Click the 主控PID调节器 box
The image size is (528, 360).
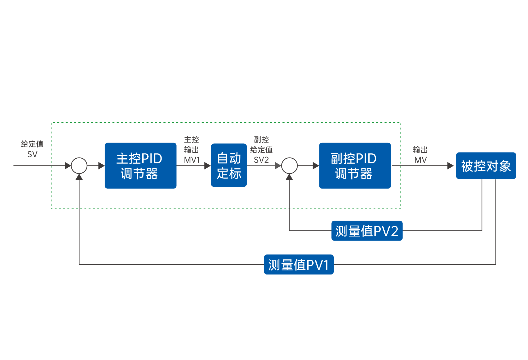click(140, 166)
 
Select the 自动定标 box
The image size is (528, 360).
click(229, 165)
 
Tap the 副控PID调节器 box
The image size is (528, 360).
click(355, 166)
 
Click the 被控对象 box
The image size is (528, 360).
click(486, 166)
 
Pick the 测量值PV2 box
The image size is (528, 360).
click(367, 231)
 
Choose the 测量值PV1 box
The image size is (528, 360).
click(299, 264)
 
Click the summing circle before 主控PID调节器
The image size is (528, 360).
click(79, 166)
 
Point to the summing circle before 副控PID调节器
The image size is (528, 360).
click(289, 166)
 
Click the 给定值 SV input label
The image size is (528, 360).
click(32, 149)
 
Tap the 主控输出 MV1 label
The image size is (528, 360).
click(191, 150)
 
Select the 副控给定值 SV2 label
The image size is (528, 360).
click(261, 150)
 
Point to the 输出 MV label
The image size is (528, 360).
click(420, 155)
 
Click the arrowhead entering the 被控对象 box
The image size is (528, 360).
click(450, 166)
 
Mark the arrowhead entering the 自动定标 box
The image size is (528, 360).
click(208, 166)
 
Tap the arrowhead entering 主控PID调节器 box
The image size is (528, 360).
click(101, 166)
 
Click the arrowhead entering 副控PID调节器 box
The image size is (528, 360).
click(316, 166)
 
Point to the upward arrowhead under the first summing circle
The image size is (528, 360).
click(79, 177)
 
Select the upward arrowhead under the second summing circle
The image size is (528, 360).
click(289, 177)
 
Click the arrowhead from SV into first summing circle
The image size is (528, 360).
click(68, 166)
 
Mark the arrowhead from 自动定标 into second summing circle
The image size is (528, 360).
click(278, 166)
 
